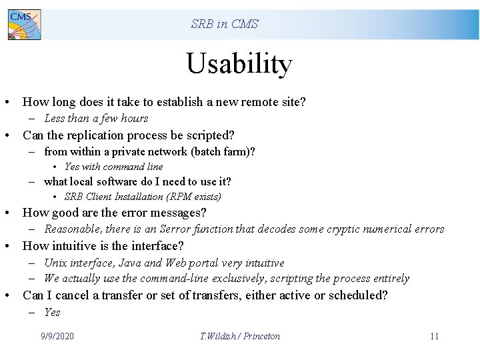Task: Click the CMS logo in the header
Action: point(24,25)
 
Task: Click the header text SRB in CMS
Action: point(225,24)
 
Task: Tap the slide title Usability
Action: point(239,64)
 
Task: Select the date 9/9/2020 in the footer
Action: point(57,336)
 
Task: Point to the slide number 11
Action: point(434,336)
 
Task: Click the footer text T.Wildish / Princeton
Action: point(240,336)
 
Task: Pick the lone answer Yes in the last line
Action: point(52,312)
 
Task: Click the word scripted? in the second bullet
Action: point(209,135)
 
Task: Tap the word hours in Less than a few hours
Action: point(135,119)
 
